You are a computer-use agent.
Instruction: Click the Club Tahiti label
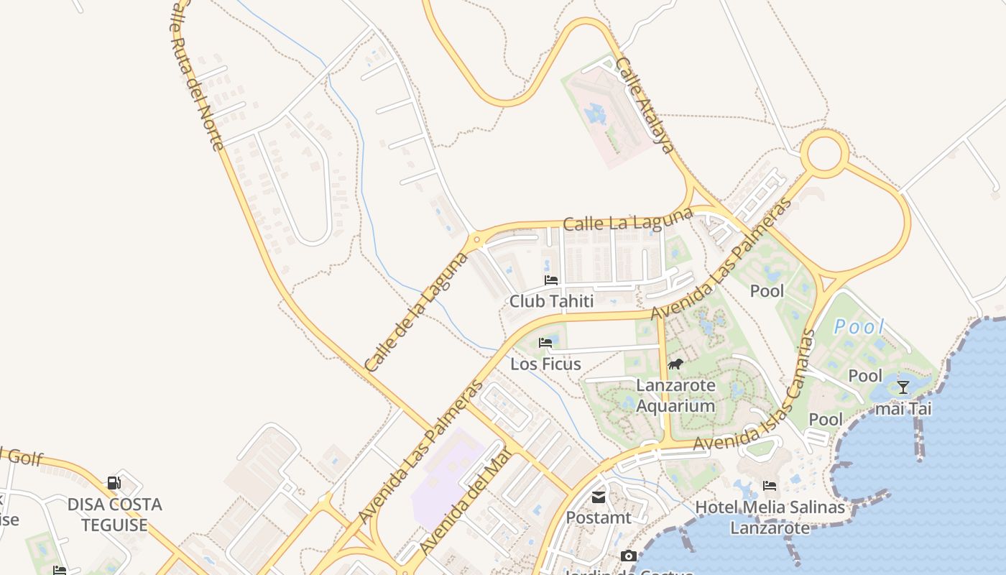pos(551,301)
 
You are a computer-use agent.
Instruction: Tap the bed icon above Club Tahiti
pos(551,280)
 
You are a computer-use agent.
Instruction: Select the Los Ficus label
pos(545,364)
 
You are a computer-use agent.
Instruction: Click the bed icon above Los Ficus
pos(545,342)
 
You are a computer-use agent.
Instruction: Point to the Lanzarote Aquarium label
pos(675,395)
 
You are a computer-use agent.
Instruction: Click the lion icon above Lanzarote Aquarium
pos(675,364)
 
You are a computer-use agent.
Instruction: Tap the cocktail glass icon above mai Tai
pos(903,387)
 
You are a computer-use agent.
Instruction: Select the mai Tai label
pos(903,409)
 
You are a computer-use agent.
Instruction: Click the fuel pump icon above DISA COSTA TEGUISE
pos(114,482)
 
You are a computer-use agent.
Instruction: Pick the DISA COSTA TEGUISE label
pos(114,515)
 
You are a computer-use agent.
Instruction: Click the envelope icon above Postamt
pos(598,497)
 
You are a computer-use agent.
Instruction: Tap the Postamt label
pos(598,517)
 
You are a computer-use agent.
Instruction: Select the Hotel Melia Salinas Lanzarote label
pos(770,517)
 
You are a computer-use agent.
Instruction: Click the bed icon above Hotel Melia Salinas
pos(770,486)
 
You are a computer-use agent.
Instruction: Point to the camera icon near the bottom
pos(629,556)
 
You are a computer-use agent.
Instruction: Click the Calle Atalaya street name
pos(645,105)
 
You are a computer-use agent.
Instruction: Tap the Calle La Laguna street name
pos(627,220)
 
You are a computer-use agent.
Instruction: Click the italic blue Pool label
pos(859,327)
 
